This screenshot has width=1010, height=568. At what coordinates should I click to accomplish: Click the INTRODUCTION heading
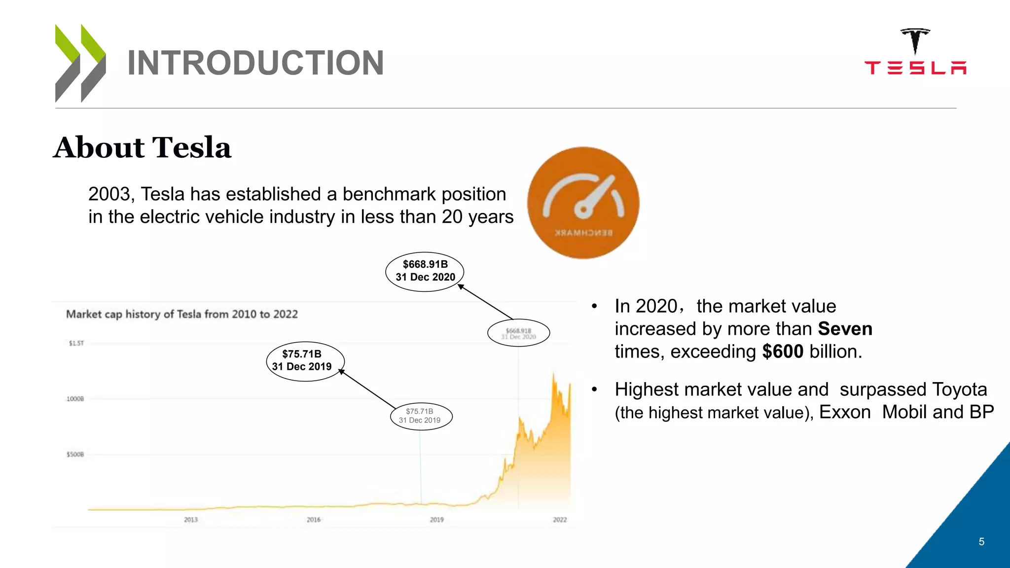click(255, 63)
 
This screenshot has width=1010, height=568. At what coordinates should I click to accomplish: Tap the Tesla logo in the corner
click(915, 52)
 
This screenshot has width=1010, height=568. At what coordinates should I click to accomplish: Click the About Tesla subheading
click(142, 147)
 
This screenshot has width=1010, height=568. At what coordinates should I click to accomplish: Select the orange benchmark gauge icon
click(583, 203)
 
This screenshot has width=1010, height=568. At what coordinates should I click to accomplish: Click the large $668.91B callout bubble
click(425, 271)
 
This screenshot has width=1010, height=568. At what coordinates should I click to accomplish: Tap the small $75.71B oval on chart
click(420, 416)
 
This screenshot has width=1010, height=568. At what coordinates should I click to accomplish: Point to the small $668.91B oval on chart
click(518, 333)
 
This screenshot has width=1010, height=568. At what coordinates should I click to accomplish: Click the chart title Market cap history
click(182, 315)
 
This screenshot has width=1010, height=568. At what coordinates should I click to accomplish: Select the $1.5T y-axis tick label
click(76, 343)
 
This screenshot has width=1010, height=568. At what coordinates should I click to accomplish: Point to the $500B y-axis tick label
click(75, 454)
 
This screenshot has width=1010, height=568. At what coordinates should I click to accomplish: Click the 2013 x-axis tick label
click(191, 520)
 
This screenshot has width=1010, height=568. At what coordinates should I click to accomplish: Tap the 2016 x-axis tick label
click(314, 520)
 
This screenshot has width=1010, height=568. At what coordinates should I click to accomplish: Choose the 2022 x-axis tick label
click(560, 520)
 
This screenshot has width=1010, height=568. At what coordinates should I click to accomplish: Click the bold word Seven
click(845, 329)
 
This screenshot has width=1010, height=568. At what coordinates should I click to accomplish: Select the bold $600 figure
click(783, 352)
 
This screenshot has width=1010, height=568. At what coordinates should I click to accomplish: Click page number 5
click(981, 542)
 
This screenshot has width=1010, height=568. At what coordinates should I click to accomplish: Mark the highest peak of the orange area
click(553, 375)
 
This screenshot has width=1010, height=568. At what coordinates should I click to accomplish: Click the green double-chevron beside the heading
click(80, 63)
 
